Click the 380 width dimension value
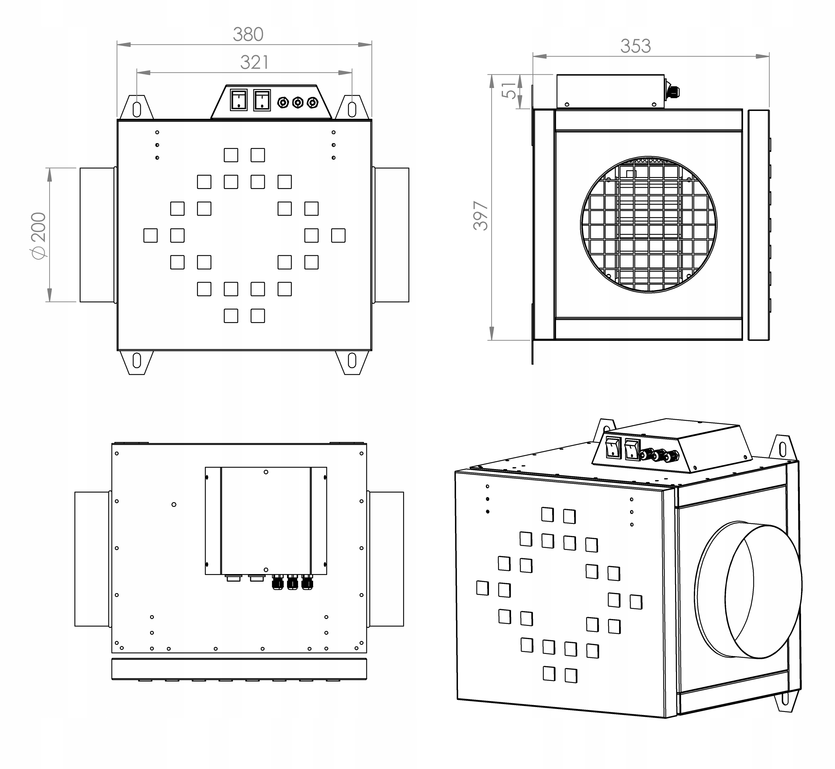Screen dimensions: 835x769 248,35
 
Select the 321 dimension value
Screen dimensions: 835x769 254,62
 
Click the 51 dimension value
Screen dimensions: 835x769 509,90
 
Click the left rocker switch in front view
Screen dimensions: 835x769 238,100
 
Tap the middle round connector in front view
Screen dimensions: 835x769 297,102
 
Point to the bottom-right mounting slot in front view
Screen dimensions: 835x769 352,360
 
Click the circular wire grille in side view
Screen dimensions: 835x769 648,225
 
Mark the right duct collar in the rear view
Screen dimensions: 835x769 386,559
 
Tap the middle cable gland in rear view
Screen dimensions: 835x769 292,582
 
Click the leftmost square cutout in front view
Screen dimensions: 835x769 150,236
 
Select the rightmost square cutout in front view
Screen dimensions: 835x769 338,236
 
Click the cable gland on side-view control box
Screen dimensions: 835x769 672,92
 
